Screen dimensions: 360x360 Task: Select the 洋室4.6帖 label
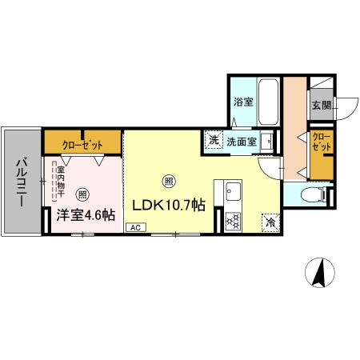pyautogui.click(x=86, y=214)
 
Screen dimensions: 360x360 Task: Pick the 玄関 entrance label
pyautogui.click(x=322, y=105)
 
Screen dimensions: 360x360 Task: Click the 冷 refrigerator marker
pyautogui.click(x=270, y=223)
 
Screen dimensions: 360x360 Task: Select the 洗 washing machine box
pyautogui.click(x=214, y=140)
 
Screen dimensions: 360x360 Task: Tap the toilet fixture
pyautogui.click(x=313, y=195)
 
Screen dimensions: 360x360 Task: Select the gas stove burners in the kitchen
pyautogui.click(x=234, y=220)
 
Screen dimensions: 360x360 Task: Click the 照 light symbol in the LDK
pyautogui.click(x=167, y=180)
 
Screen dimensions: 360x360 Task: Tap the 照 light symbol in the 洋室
pyautogui.click(x=83, y=194)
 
